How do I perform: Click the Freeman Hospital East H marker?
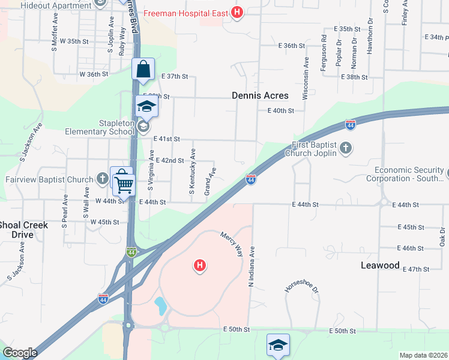tap(237, 12)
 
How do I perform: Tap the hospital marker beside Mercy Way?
tap(200, 265)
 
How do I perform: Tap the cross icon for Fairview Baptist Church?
tap(103, 179)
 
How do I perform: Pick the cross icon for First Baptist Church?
tap(345, 148)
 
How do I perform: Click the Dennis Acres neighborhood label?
tap(261, 95)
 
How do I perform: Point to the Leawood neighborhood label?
tap(380, 265)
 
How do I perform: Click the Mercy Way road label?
tap(231, 244)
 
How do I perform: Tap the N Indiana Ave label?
tap(252, 266)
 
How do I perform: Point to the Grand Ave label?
tap(209, 181)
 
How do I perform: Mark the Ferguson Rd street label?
tap(324, 53)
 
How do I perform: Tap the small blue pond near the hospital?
tap(160, 306)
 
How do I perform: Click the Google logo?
tap(20, 353)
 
